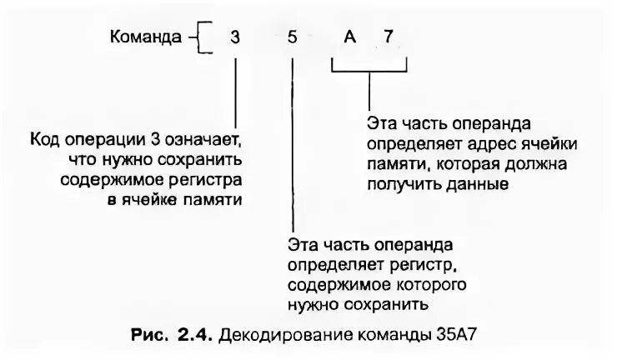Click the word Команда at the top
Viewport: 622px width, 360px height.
[144, 37]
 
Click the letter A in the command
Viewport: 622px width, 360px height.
[349, 38]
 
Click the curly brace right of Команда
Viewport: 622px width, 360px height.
[196, 38]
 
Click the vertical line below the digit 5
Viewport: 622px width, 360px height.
[293, 142]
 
